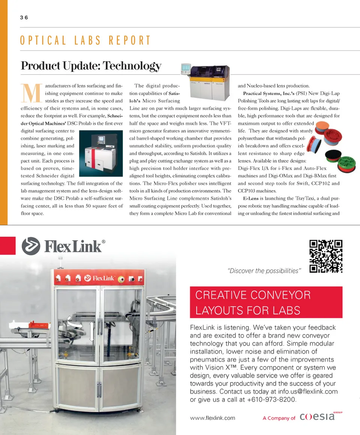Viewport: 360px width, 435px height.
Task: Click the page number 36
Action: (x=24, y=18)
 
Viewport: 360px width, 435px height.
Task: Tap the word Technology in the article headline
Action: (x=132, y=66)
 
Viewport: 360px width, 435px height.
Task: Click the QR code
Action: (x=326, y=256)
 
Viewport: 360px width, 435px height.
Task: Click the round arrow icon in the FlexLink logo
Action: (x=31, y=246)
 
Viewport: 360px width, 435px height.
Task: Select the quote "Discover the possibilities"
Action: (x=264, y=271)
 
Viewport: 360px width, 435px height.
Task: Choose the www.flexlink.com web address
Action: (x=213, y=418)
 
